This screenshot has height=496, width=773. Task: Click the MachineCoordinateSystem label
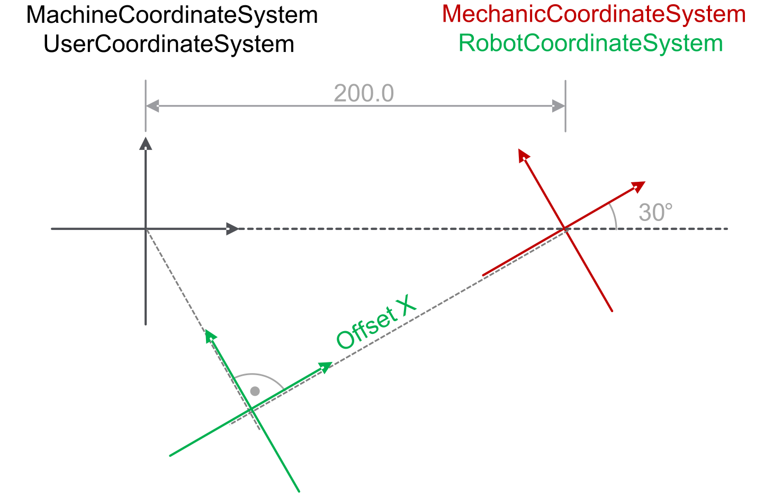(172, 15)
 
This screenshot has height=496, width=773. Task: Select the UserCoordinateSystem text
(169, 45)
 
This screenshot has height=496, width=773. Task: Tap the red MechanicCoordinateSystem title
(594, 14)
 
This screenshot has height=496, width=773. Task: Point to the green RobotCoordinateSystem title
(590, 43)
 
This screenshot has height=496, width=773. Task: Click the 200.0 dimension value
(364, 93)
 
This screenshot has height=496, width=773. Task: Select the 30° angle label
(655, 212)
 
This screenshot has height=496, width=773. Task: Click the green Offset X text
(376, 322)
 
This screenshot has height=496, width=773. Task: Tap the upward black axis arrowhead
(146, 144)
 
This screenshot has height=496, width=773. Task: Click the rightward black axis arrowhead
(232, 228)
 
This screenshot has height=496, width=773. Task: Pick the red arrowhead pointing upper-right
(639, 187)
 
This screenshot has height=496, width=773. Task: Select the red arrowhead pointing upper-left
(523, 155)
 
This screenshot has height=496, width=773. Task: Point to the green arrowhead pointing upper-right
(326, 367)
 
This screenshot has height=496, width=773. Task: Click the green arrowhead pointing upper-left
(210, 336)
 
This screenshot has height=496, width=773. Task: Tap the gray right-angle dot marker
(255, 391)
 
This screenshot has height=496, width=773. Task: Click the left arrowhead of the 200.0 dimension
(152, 106)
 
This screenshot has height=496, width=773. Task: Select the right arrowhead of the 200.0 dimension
(559, 106)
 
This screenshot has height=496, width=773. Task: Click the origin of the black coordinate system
(146, 228)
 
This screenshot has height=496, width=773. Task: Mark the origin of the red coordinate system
(565, 228)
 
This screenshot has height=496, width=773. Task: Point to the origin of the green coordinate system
(251, 410)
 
